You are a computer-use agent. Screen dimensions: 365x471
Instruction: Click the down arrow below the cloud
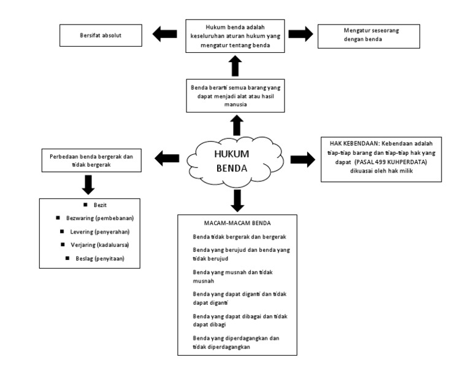236,198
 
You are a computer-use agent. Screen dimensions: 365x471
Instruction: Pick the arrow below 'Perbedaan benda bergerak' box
87,183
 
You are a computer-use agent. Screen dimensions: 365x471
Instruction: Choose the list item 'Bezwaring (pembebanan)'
95,219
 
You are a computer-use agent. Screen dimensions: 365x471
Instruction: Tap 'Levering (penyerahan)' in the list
94,232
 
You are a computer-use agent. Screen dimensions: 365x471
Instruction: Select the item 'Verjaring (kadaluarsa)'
95,245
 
